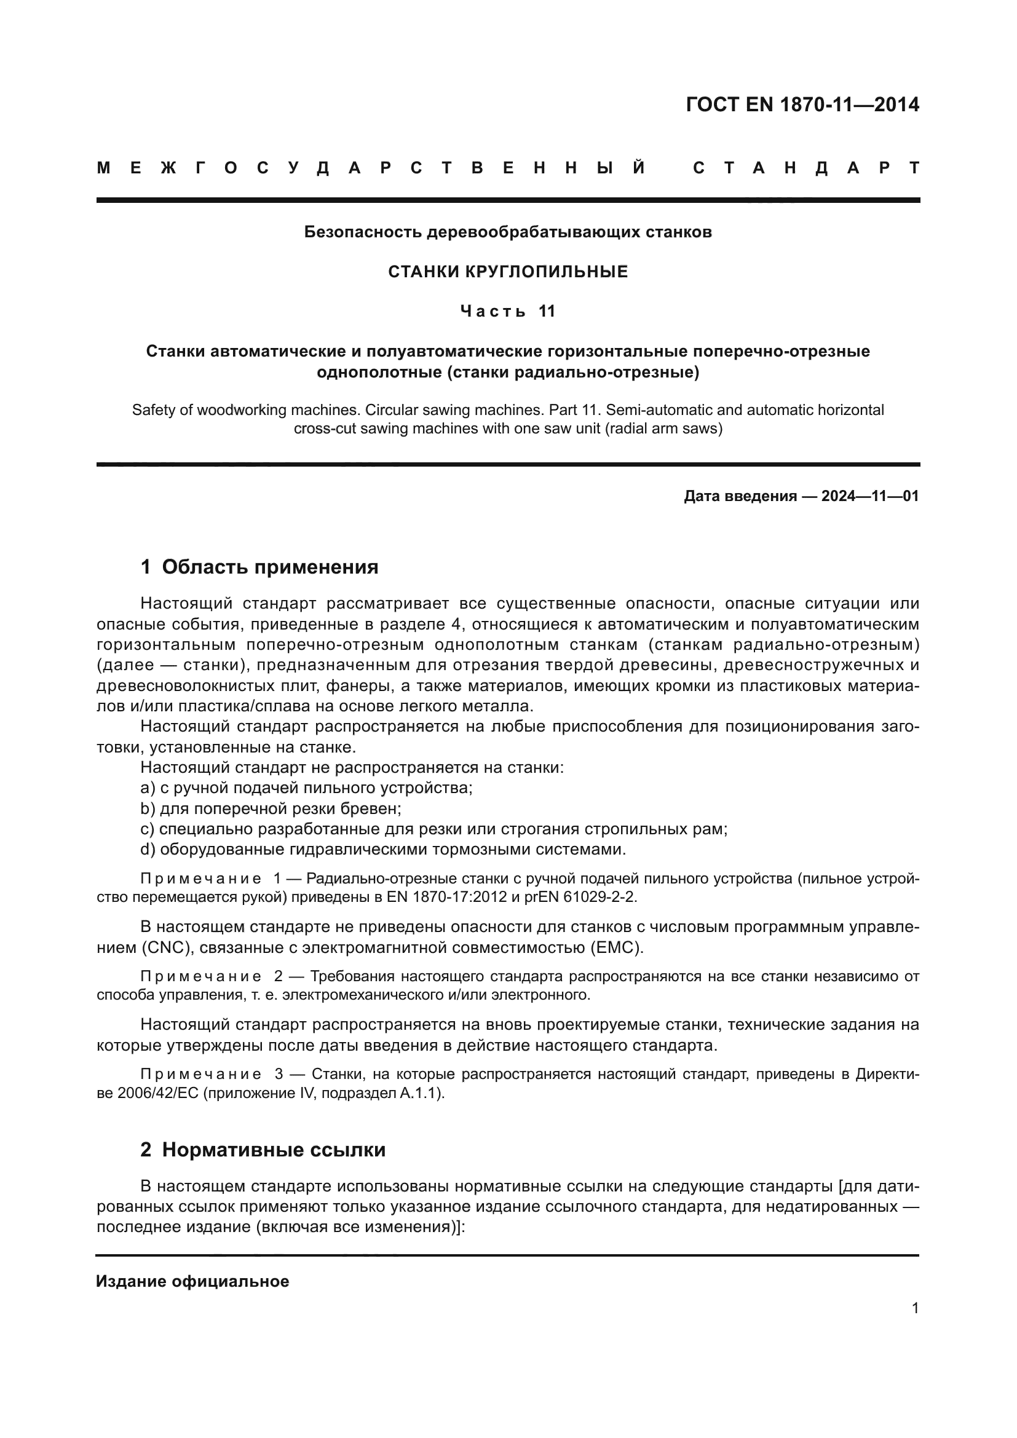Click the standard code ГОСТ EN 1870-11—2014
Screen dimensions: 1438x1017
(802, 105)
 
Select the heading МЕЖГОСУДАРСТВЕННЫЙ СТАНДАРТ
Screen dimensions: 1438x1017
(508, 168)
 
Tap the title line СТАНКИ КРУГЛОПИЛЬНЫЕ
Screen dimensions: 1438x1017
(508, 272)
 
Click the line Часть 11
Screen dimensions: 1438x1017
(508, 311)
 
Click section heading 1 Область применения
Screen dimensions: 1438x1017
(259, 567)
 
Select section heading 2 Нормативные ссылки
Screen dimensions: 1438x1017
(263, 1150)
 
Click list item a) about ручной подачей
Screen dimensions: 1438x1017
(306, 788)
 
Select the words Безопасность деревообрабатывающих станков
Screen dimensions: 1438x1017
(508, 232)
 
